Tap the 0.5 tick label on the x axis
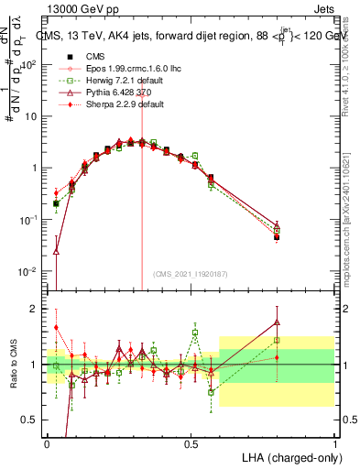(191, 442)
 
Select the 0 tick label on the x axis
(47, 442)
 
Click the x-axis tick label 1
(334, 442)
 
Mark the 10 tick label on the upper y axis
(32, 117)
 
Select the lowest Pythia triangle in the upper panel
(56, 250)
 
